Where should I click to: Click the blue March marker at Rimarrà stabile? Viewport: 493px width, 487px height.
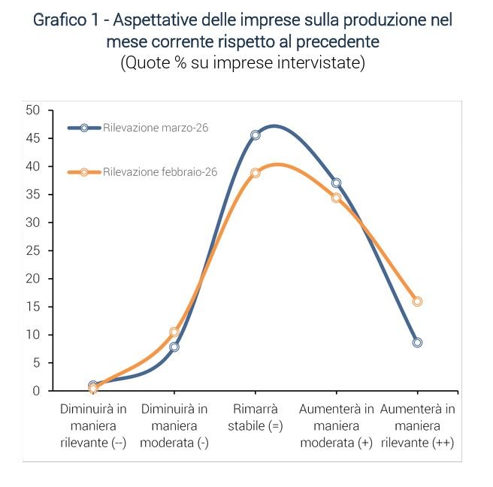pos(256,135)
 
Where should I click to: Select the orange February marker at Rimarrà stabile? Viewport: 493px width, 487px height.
pos(256,173)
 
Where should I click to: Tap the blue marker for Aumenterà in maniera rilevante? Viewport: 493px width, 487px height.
pos(417,342)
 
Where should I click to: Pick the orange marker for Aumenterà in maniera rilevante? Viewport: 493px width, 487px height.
pos(417,301)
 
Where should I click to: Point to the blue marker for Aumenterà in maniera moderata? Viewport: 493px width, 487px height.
pos(336,183)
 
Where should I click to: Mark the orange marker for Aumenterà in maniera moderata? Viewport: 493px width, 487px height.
pos(336,198)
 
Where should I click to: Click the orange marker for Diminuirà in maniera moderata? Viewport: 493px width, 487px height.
pos(174,331)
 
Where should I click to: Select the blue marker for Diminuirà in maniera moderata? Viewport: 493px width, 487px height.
pos(174,346)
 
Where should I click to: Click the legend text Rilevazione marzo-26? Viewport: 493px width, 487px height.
pos(156,128)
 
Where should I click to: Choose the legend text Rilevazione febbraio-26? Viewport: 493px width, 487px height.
pos(160,172)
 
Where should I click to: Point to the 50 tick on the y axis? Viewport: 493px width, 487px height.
pos(32,110)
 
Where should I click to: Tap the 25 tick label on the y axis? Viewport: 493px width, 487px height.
pos(32,250)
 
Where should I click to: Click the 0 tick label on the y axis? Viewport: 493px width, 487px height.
pos(36,391)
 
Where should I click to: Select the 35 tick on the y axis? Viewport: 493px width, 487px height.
pos(32,194)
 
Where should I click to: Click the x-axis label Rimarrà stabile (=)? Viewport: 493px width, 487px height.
pos(256,418)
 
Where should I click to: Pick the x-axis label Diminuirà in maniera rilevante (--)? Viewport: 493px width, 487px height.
pos(94,426)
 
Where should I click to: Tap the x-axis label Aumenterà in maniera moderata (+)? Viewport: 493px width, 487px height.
pos(336,426)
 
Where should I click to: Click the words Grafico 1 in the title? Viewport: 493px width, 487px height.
pos(65,20)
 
